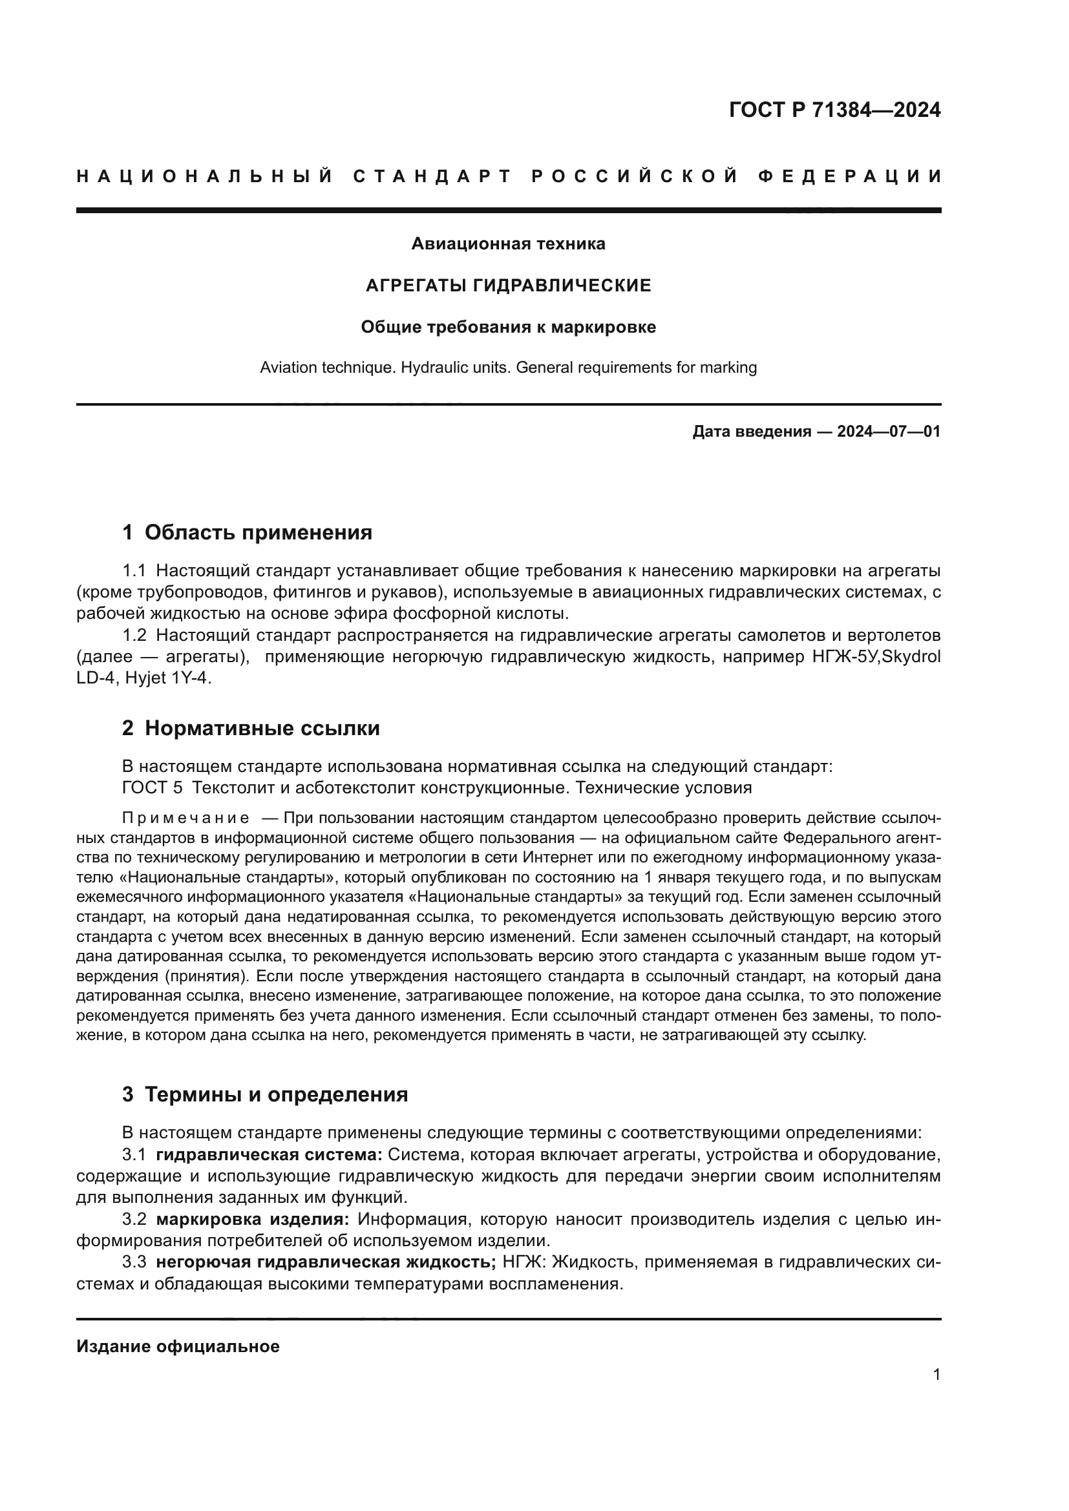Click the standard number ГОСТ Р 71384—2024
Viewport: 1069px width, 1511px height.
point(834,110)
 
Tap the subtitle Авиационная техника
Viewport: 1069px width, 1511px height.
point(508,244)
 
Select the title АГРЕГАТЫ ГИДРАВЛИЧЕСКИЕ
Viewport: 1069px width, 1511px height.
point(508,286)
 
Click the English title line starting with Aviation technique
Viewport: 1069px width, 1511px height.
point(508,367)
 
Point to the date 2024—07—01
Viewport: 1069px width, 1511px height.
point(888,432)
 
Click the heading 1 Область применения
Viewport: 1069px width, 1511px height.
point(248,532)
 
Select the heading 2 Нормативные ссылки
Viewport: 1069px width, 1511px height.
point(251,729)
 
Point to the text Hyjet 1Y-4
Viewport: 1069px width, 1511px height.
point(177,678)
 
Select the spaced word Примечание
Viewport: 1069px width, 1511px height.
point(185,818)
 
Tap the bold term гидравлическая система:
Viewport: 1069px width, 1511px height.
point(270,1155)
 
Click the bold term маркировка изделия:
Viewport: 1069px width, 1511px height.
point(253,1220)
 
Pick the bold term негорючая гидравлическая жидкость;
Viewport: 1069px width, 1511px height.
point(326,1262)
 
